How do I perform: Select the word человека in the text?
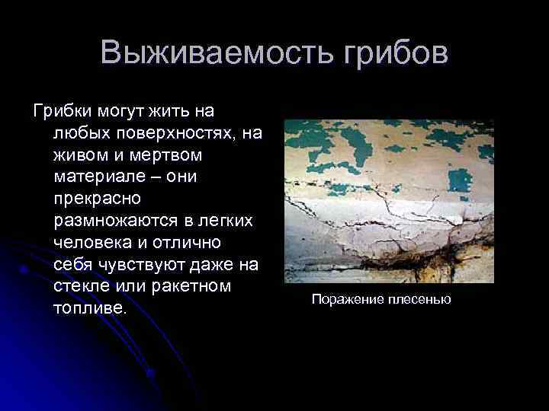tap(92, 244)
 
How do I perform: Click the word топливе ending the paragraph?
tap(88, 311)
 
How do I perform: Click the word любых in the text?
tap(77, 134)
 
